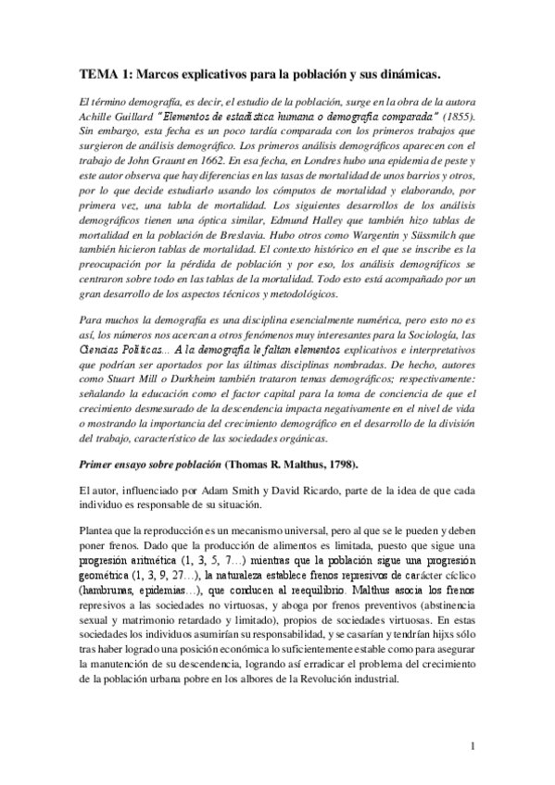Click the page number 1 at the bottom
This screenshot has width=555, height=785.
(473, 745)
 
